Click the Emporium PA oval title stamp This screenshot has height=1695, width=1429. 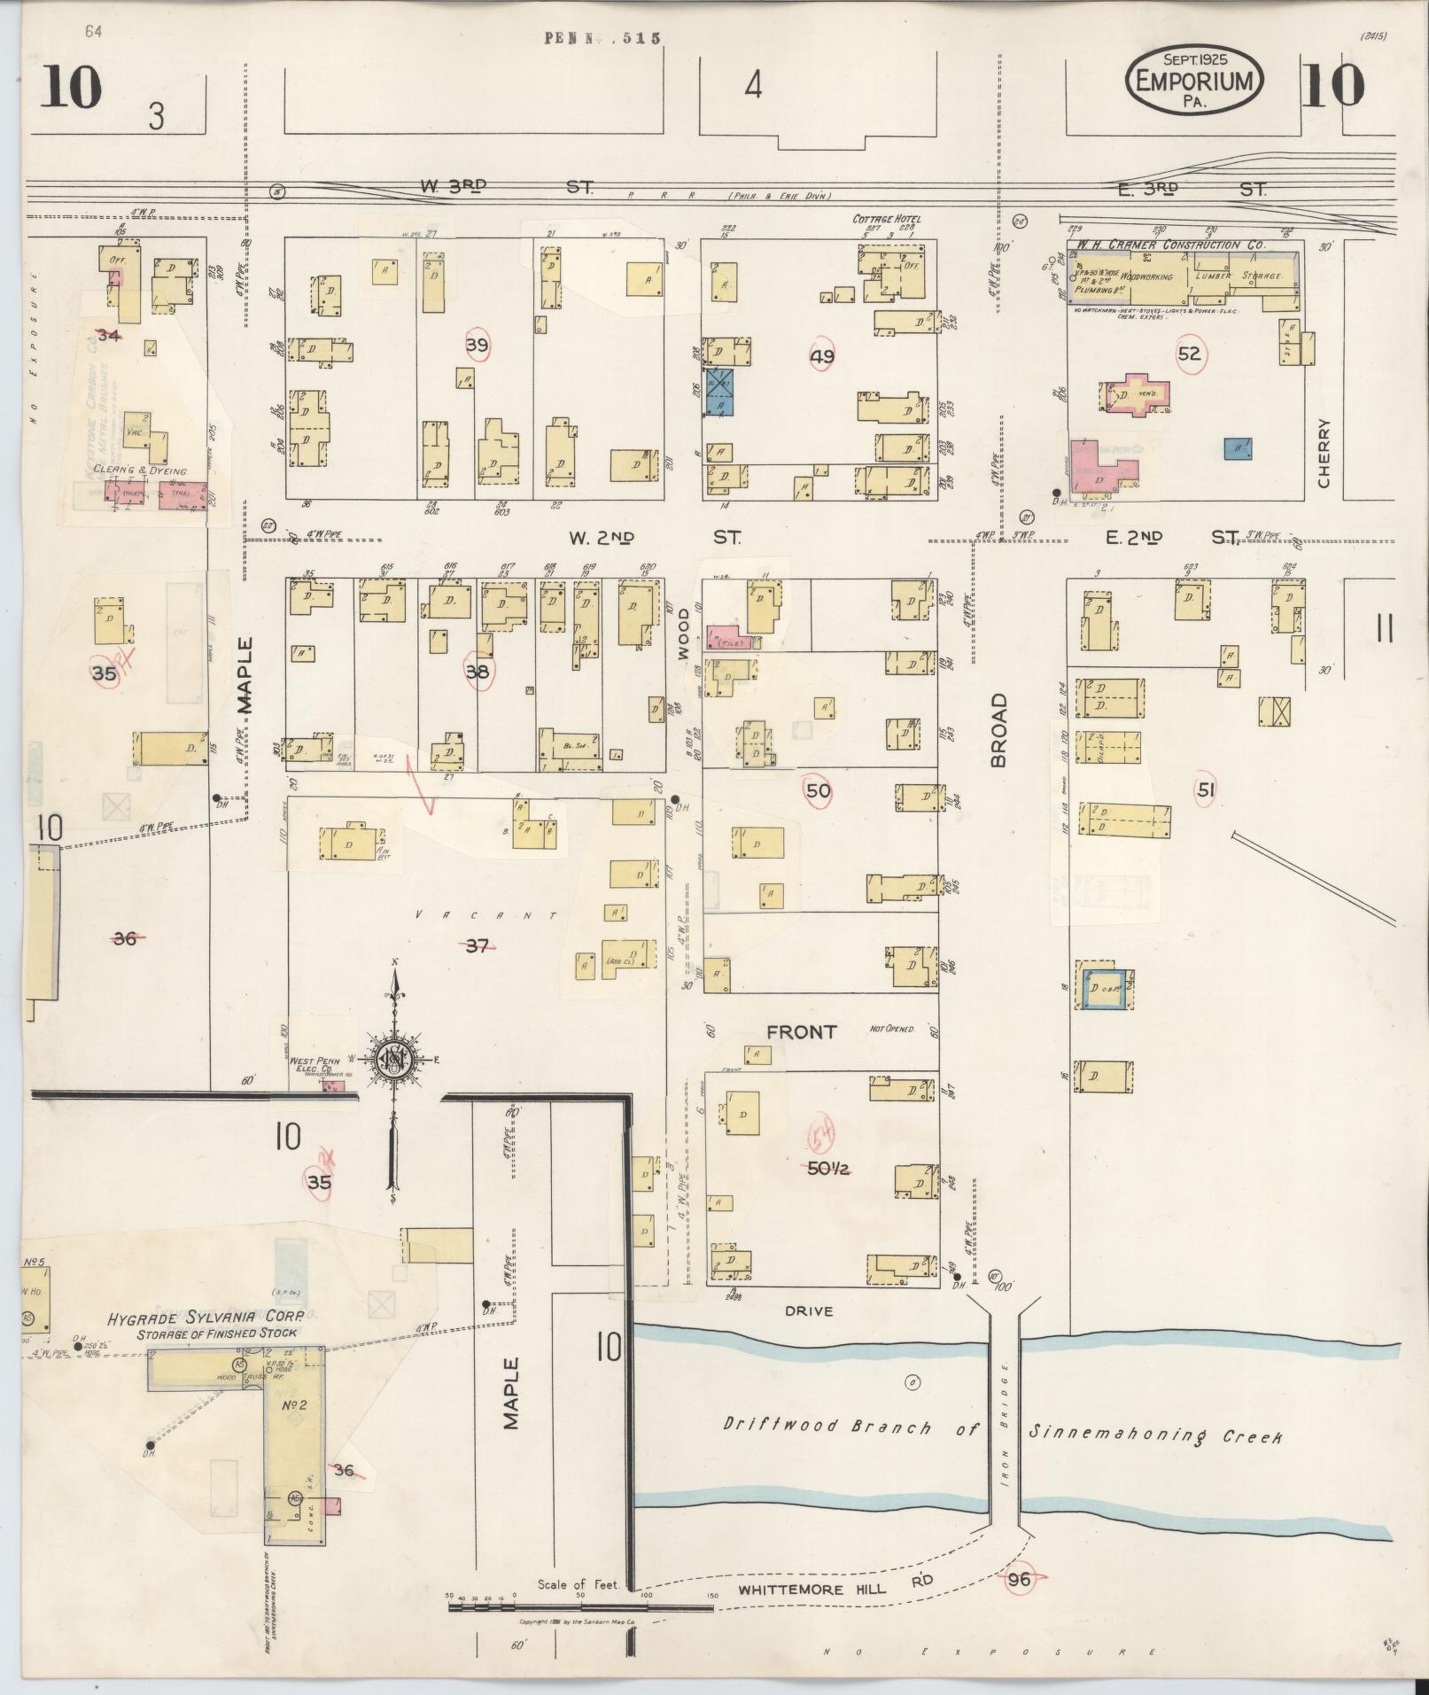1193,80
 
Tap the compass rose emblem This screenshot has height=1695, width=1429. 394,1060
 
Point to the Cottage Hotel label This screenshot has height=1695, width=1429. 886,219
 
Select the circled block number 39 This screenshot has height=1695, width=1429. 477,345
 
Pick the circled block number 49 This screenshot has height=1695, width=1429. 821,356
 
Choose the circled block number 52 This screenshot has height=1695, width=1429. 1189,354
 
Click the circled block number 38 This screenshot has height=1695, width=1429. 477,672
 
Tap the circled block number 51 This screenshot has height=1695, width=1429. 1205,790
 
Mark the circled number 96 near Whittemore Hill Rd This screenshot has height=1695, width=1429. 1020,1579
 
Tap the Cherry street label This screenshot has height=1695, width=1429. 1324,452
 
